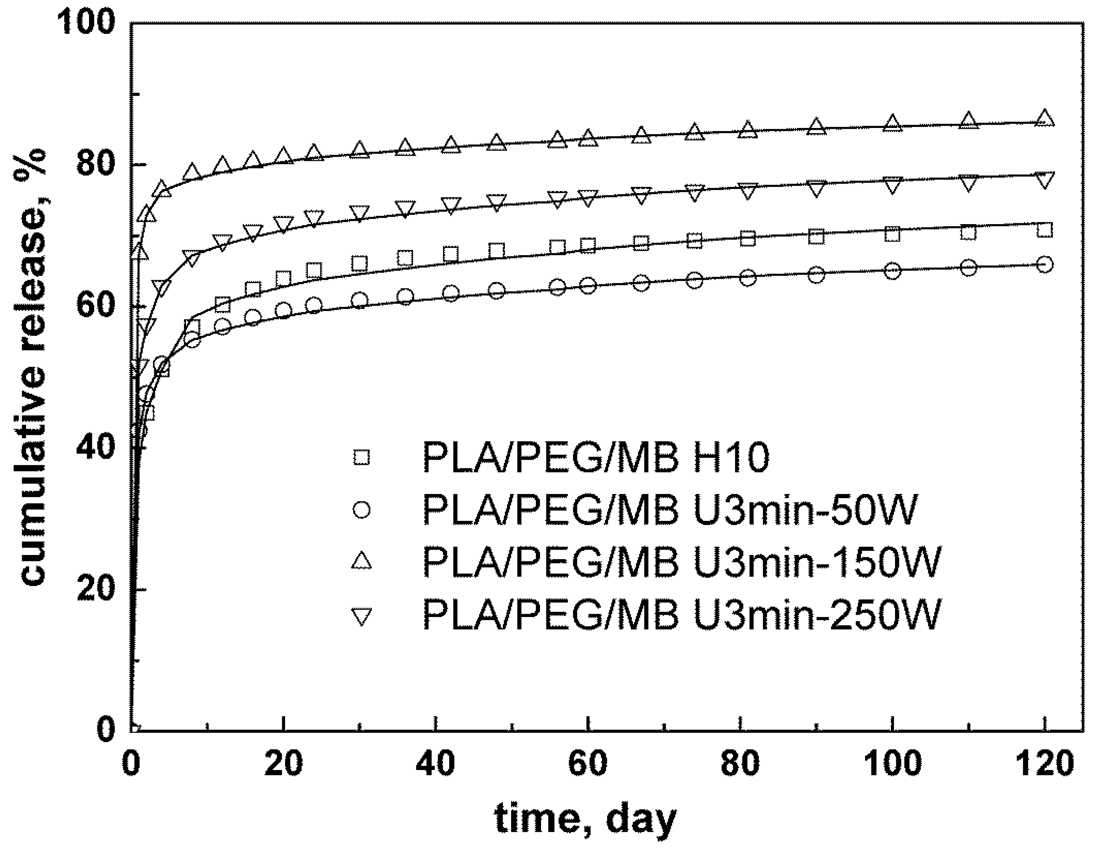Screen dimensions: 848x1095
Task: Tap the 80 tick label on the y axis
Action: coord(95,165)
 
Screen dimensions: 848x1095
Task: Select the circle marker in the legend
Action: coord(362,510)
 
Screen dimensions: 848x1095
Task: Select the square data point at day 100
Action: coord(892,234)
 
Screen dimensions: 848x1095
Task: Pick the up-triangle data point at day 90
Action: coord(816,126)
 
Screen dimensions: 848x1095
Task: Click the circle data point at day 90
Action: coord(816,274)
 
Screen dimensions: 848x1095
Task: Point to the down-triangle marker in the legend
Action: coord(362,616)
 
